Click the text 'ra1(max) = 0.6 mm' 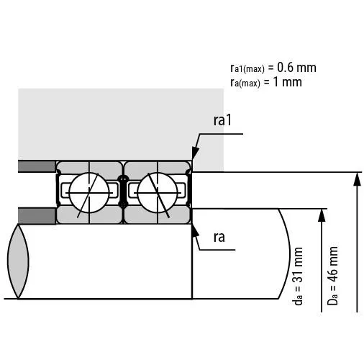(x=273, y=68)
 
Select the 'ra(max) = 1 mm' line (x=265, y=82)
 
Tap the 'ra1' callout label (x=222, y=120)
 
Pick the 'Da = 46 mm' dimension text (x=332, y=277)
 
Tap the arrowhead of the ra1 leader (x=194, y=158)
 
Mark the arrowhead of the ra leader (x=193, y=228)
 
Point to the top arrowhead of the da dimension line (x=321, y=214)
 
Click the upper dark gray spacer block (x=37, y=167)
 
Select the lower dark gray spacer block (x=37, y=215)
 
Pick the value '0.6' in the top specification (x=286, y=68)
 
